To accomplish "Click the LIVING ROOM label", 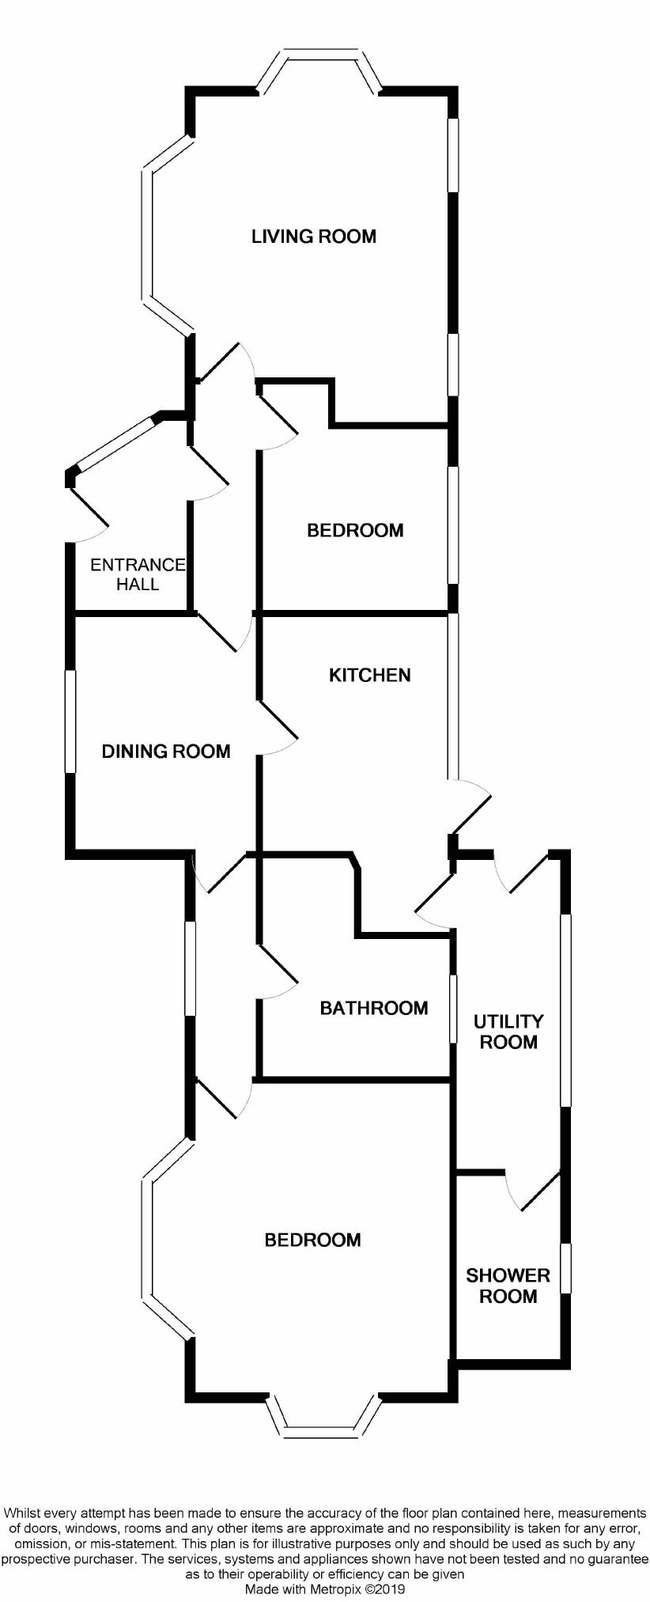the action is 313,236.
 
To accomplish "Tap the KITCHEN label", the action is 369,675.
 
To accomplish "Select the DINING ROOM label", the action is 166,751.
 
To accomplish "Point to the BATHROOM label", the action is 373,1008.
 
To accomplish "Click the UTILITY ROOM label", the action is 508,1032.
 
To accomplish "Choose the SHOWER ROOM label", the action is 508,1286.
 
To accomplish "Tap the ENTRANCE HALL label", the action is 138,574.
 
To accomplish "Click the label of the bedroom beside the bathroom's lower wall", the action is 312,1240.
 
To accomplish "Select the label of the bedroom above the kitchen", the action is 355,530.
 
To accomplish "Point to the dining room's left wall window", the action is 70,721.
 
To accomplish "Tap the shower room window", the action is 565,1268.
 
